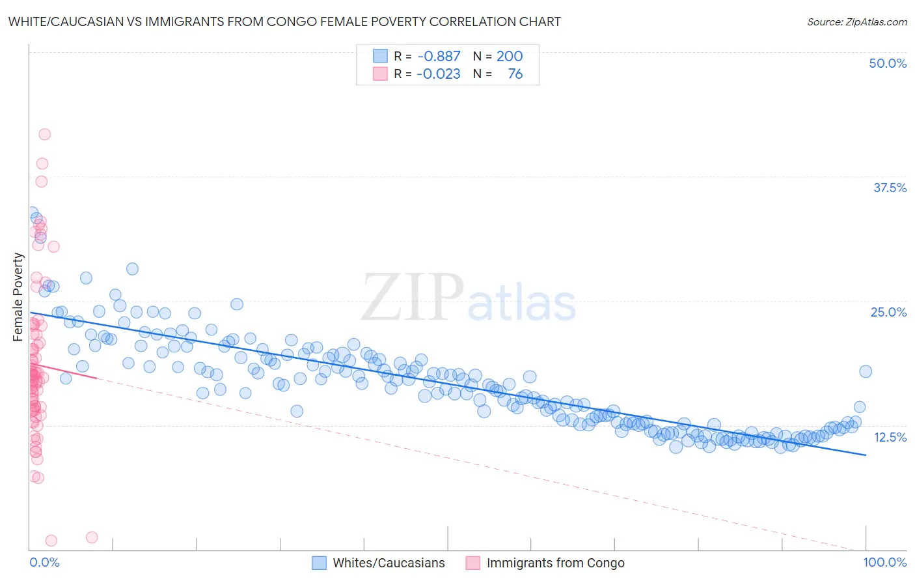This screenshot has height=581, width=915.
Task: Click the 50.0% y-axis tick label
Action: [x=888, y=63]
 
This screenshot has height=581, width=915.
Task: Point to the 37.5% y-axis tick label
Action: [x=890, y=188]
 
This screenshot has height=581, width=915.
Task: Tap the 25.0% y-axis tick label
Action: [x=888, y=312]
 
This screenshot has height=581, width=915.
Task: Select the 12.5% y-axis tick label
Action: [x=890, y=437]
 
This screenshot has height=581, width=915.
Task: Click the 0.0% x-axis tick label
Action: [x=44, y=562]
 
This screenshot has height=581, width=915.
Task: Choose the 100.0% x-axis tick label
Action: [x=884, y=562]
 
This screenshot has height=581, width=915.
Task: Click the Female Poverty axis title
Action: [x=18, y=297]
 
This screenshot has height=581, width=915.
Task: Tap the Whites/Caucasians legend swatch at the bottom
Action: [x=319, y=563]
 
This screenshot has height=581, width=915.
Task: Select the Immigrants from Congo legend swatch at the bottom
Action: [x=472, y=563]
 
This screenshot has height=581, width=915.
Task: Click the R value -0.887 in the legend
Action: [x=439, y=56]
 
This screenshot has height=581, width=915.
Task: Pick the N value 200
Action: [x=510, y=56]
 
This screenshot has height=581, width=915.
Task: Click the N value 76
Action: [x=515, y=74]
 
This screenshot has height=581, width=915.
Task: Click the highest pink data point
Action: [x=45, y=134]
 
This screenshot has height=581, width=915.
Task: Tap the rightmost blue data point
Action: [x=866, y=371]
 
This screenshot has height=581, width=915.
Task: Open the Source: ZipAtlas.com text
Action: [x=856, y=21]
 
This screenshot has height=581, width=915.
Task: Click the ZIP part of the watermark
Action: [x=413, y=298]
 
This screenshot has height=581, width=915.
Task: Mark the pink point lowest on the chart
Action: [x=51, y=541]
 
